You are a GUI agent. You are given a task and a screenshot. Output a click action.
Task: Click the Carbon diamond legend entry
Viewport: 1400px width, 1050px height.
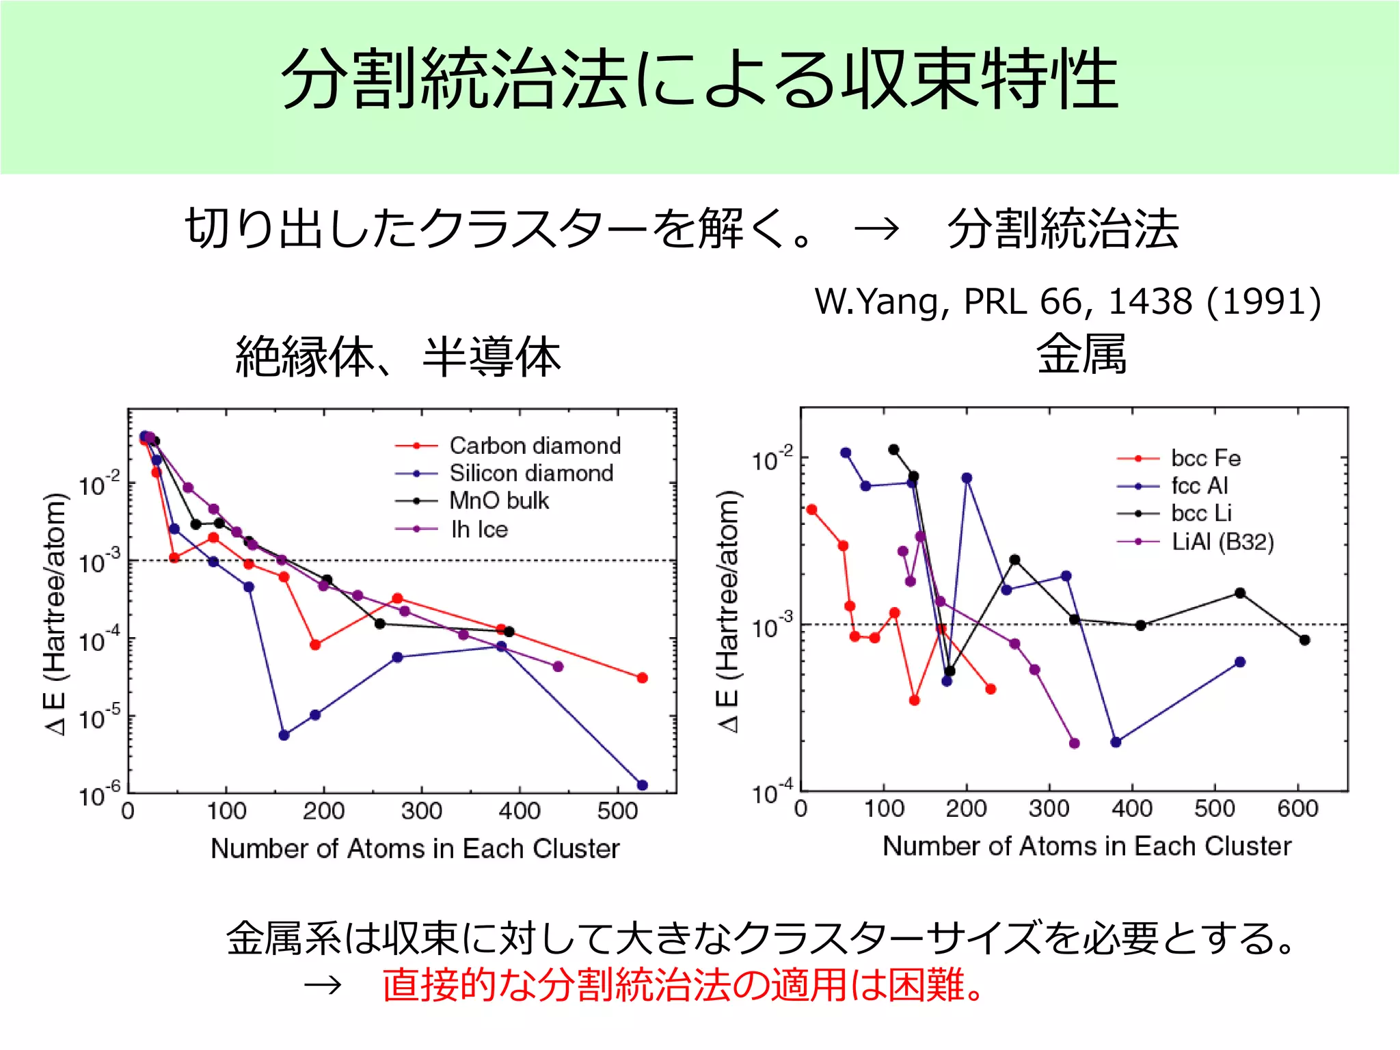[535, 446]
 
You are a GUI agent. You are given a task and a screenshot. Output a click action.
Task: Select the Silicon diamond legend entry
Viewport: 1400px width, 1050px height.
[530, 473]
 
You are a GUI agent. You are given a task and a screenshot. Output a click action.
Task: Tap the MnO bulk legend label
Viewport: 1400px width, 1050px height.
[499, 500]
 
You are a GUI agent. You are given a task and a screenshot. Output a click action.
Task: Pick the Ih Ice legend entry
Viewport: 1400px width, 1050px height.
[479, 529]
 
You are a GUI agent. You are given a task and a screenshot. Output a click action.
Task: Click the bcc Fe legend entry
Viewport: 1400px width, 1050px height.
[1205, 458]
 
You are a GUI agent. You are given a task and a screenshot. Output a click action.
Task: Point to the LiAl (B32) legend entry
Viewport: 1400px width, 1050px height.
[1222, 541]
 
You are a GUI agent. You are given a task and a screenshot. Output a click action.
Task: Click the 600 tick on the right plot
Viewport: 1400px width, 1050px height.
[1297, 809]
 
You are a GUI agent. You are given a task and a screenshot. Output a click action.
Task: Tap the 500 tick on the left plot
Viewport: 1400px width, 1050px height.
[617, 811]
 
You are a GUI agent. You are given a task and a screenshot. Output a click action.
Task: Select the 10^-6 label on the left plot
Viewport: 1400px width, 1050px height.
[99, 796]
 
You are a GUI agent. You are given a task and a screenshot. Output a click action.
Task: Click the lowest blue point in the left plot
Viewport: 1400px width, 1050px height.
[642, 785]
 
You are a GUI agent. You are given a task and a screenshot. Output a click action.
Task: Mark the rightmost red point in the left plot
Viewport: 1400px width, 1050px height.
[642, 677]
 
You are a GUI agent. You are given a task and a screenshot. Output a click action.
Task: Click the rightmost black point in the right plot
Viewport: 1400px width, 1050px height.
[1304, 640]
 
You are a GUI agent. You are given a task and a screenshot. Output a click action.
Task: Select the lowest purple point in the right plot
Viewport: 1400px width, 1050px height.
[1074, 743]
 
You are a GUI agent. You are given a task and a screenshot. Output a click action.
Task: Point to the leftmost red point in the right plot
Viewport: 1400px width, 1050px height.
[811, 509]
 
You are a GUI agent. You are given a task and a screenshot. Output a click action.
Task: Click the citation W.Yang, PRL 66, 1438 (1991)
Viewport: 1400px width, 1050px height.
[1067, 301]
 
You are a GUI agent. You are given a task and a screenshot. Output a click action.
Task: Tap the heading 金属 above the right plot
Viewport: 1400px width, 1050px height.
[1081, 355]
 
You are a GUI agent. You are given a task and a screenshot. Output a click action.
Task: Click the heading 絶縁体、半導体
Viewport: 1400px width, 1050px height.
[397, 357]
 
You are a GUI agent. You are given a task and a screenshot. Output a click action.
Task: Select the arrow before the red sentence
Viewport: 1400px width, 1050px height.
[323, 985]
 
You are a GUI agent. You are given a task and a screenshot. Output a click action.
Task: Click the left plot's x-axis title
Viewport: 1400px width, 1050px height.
[415, 848]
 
